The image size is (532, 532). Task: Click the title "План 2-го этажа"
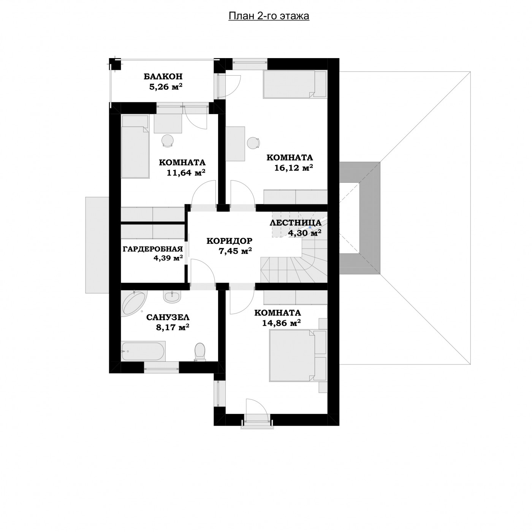pyautogui.click(x=269, y=16)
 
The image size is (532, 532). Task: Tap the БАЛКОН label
pyautogui.click(x=163, y=76)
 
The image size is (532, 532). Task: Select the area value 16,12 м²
pyautogui.click(x=293, y=168)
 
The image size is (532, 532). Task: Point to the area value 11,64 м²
pyautogui.click(x=186, y=173)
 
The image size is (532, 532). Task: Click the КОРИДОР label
pyautogui.click(x=230, y=241)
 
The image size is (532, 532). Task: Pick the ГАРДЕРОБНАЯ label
pyautogui.click(x=153, y=249)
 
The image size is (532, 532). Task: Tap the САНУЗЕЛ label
pyautogui.click(x=168, y=317)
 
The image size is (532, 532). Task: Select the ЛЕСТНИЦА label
pyautogui.click(x=295, y=223)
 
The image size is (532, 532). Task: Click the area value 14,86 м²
pyautogui.click(x=281, y=323)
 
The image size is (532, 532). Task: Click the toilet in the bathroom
pyautogui.click(x=200, y=352)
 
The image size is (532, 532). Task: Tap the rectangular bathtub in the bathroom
pyautogui.click(x=143, y=351)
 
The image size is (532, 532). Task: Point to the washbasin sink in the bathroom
pyautogui.click(x=172, y=296)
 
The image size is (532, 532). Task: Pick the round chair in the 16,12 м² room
pyautogui.click(x=253, y=143)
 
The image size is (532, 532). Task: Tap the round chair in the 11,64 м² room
pyautogui.click(x=167, y=141)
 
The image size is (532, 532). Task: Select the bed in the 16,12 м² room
pyautogui.click(x=294, y=84)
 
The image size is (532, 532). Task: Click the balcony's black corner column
pyautogui.click(x=115, y=64)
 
